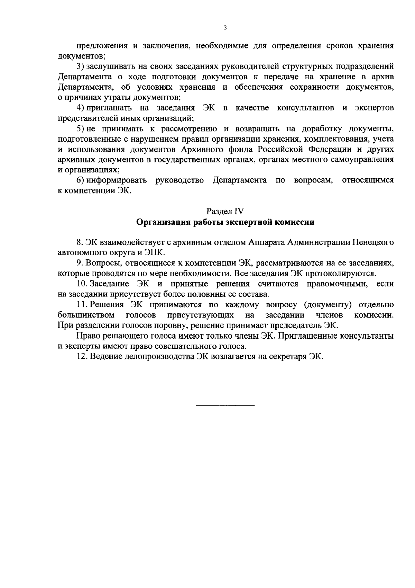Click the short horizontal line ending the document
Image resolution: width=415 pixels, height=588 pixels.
[x=225, y=405]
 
